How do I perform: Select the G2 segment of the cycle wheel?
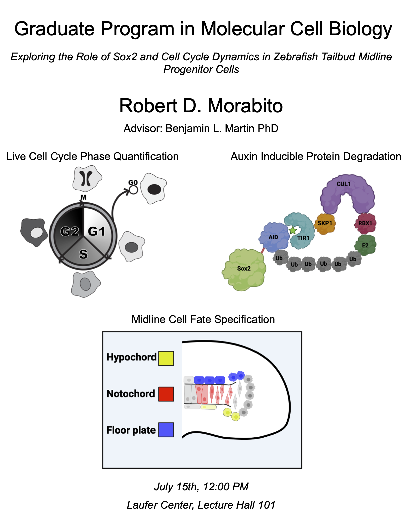point(69,231)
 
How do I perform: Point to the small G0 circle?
point(133,190)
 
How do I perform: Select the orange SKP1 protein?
point(325,224)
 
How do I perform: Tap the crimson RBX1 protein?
point(365,223)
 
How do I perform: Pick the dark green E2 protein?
point(365,245)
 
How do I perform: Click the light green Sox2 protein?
point(244,269)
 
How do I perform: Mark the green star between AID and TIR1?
point(293,230)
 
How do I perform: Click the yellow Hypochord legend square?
point(166,358)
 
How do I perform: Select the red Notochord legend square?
point(166,394)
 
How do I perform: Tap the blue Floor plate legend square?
point(166,430)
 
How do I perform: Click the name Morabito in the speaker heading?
point(245,106)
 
